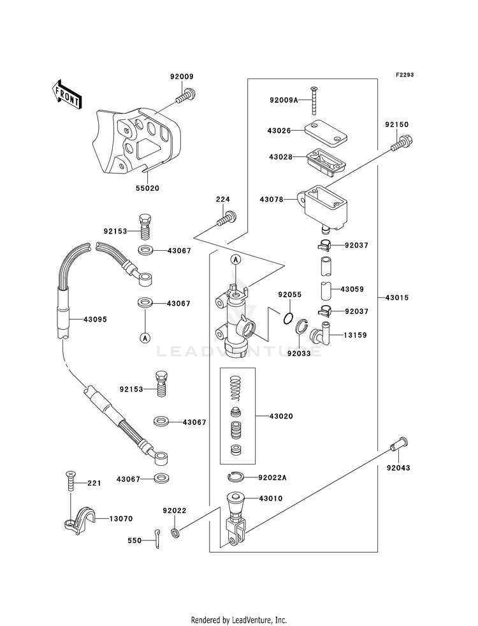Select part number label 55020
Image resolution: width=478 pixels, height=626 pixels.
click(x=147, y=189)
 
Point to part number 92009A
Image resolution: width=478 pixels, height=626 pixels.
click(x=284, y=100)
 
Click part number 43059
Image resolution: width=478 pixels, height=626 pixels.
click(x=351, y=289)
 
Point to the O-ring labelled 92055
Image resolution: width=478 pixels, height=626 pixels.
click(x=288, y=318)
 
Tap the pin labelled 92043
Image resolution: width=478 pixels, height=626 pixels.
click(x=399, y=443)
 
